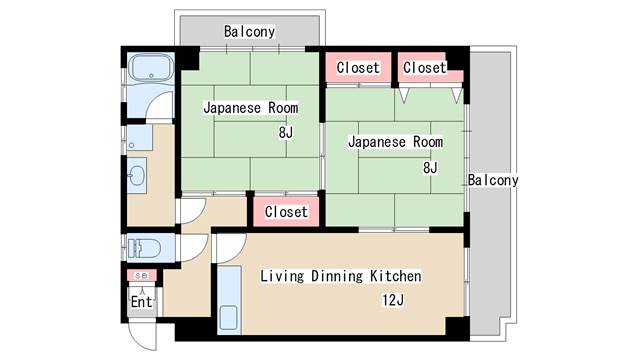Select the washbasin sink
tap(137, 177)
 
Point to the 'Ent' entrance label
tap(140, 301)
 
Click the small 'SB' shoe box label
tap(140, 276)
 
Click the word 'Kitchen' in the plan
tap(394, 276)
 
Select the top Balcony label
tap(249, 32)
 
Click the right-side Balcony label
tap(492, 181)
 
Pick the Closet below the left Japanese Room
tap(286, 212)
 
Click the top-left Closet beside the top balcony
tap(357, 68)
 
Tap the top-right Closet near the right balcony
tap(424, 68)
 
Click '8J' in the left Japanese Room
tap(285, 132)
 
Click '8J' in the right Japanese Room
tap(430, 167)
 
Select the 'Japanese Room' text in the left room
tap(250, 107)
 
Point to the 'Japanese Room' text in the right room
tap(394, 142)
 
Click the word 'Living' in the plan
tap(283, 276)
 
